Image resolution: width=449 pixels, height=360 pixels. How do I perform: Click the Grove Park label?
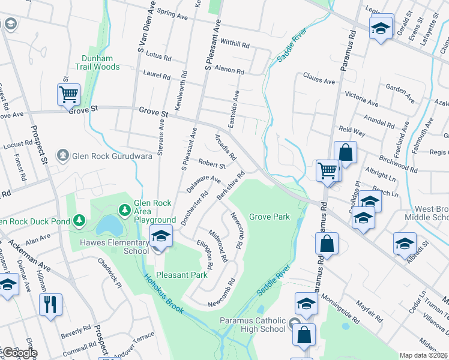click(270, 217)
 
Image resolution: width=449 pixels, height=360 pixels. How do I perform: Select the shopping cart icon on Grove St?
click(68, 94)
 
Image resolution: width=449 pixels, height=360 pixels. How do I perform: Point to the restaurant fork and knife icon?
click(50, 304)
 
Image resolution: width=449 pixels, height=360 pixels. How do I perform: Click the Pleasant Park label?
click(181, 275)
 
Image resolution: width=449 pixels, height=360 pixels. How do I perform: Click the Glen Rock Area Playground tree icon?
click(124, 210)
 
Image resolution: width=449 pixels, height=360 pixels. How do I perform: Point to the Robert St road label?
click(212, 163)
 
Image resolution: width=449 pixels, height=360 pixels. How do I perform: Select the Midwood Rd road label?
click(218, 246)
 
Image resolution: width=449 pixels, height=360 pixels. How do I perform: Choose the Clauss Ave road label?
click(319, 79)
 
